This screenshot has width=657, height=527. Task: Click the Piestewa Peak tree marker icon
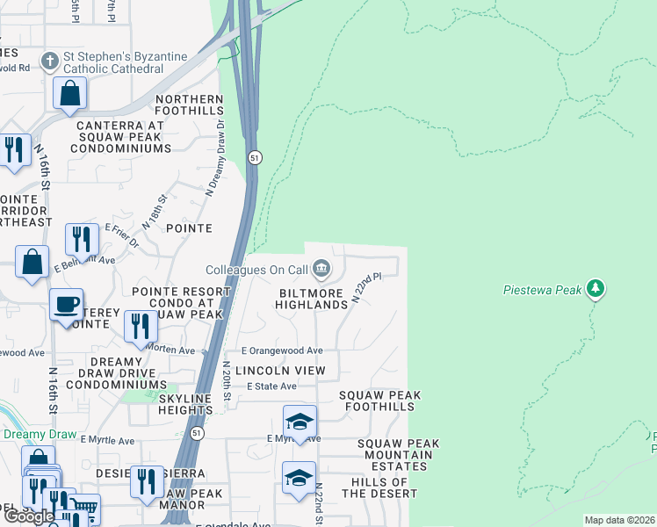tap(596, 288)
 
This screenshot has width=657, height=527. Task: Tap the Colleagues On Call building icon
tap(321, 269)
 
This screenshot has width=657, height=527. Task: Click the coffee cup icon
tap(66, 304)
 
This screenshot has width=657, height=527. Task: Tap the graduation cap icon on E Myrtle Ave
tap(299, 421)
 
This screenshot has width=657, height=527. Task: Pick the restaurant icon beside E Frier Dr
tap(82, 238)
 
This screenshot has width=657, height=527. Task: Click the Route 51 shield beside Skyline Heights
tap(198, 433)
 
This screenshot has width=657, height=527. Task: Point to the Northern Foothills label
tap(190, 105)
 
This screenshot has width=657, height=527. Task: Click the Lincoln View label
tap(279, 371)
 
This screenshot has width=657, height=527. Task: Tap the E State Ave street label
tap(271, 386)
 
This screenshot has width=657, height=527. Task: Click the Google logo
tap(30, 516)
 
